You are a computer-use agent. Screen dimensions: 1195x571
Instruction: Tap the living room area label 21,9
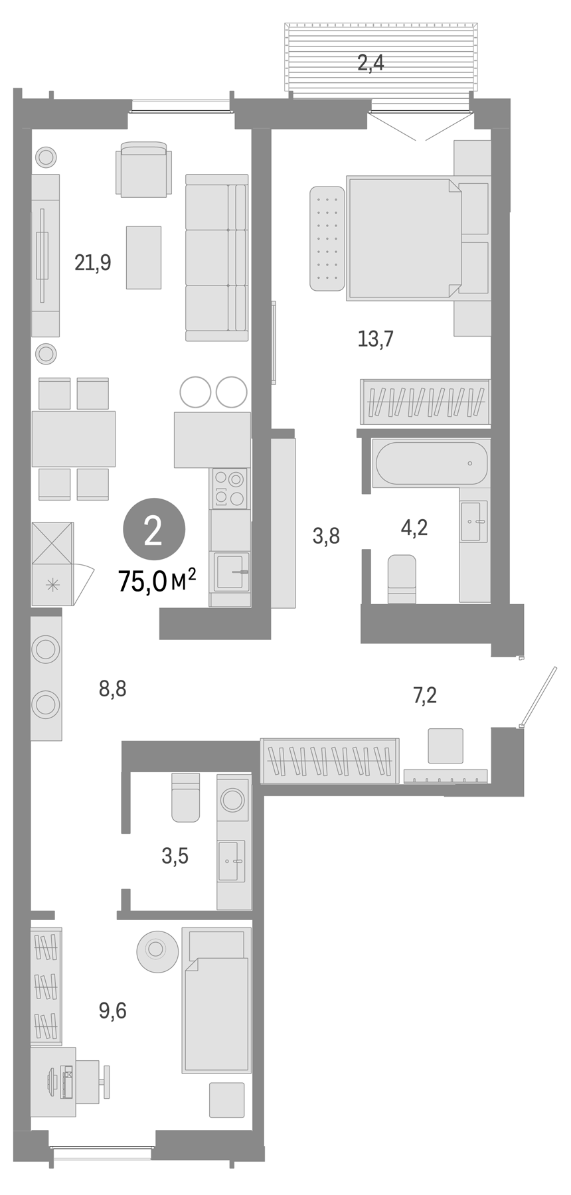click(x=93, y=263)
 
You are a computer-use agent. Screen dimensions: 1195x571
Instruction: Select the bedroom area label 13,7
click(x=376, y=339)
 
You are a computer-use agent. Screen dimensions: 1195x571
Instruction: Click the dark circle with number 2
click(x=153, y=531)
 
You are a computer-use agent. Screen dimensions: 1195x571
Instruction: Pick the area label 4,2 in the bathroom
click(x=414, y=528)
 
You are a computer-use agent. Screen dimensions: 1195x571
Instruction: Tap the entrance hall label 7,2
click(x=425, y=696)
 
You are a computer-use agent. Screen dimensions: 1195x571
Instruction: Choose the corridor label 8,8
click(x=112, y=689)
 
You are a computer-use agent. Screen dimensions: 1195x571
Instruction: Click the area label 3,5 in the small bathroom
click(x=175, y=856)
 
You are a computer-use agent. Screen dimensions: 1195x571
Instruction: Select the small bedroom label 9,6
click(x=112, y=1010)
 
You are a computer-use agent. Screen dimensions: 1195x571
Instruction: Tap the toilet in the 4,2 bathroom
click(x=402, y=578)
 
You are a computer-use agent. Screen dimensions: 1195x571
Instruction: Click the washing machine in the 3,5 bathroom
click(x=233, y=799)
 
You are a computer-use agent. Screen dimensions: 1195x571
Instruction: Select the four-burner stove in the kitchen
click(x=230, y=488)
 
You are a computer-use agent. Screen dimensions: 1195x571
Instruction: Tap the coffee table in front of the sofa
click(x=143, y=257)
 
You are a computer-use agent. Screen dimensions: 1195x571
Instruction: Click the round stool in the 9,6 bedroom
click(x=157, y=951)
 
